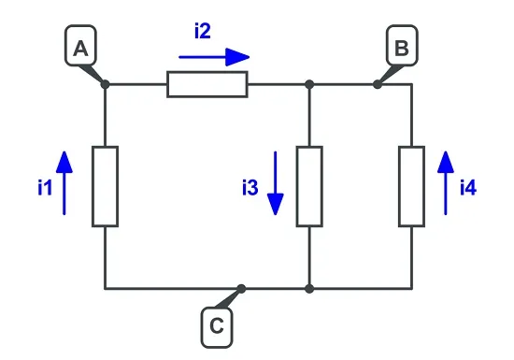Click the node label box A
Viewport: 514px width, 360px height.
[x=80, y=45]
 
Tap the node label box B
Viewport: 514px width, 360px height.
[x=402, y=45]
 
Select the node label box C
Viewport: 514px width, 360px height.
[x=217, y=327]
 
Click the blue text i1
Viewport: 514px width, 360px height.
[x=45, y=188]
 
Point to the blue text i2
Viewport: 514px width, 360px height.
[x=203, y=32]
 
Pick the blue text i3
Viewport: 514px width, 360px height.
[x=250, y=188]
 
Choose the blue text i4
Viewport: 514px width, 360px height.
[x=468, y=188]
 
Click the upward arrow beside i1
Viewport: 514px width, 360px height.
[x=64, y=183]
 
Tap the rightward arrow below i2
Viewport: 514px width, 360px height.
[x=214, y=57]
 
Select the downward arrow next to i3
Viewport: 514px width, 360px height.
[x=276, y=183]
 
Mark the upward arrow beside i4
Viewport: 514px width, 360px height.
[x=446, y=183]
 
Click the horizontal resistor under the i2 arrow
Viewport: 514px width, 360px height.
[x=207, y=84]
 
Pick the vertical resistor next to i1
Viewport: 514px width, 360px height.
[x=106, y=187]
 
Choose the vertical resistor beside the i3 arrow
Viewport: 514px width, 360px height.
[x=309, y=187]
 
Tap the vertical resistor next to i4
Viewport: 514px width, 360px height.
[x=412, y=187]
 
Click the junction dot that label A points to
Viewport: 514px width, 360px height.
[x=105, y=84]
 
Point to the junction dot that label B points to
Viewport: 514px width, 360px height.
[x=378, y=84]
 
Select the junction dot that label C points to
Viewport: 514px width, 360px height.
[x=241, y=289]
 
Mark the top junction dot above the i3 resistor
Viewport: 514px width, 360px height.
[x=309, y=84]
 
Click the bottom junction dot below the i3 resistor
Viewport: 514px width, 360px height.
[x=309, y=289]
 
